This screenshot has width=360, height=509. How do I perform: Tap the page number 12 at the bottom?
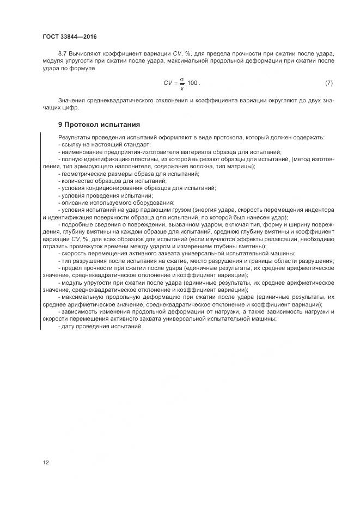[x=45, y=463]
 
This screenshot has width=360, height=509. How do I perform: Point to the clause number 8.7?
[x=62, y=54]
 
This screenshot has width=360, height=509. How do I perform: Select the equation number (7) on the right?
[x=328, y=83]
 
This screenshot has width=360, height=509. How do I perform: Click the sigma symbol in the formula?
[x=182, y=79]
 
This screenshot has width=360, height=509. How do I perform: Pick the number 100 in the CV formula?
[x=192, y=83]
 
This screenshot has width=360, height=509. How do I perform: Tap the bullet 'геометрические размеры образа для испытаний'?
[x=129, y=173]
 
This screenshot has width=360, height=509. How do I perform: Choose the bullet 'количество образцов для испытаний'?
[x=113, y=181]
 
